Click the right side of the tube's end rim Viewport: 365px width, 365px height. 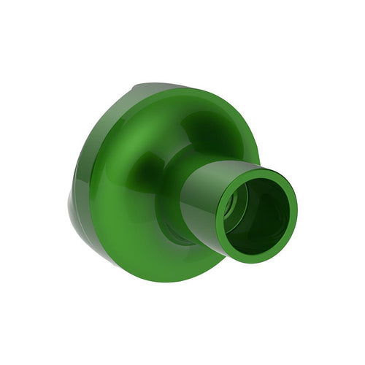[x=293, y=208]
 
